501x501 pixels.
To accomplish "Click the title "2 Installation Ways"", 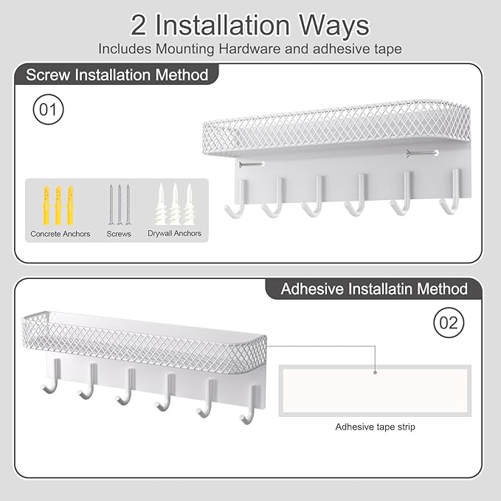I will pos(250,26).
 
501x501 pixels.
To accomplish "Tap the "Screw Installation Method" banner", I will pos(117,75).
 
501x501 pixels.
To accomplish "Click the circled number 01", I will pos(48,111).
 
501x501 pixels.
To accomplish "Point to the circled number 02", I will pos(449,322).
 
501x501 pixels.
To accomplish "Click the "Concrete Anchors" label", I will pos(61,234).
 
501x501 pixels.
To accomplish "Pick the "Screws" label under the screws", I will pos(119,234).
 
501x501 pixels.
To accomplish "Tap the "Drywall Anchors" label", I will pos(174,234).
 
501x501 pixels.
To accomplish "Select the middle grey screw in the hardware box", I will pos(119,204).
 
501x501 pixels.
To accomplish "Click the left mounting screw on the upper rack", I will pos(252,165).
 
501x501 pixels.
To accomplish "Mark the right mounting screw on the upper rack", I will pos(422,153).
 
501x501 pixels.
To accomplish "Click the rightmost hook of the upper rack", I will pos(451,196).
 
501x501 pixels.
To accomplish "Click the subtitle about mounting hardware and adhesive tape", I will pos(250,49).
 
